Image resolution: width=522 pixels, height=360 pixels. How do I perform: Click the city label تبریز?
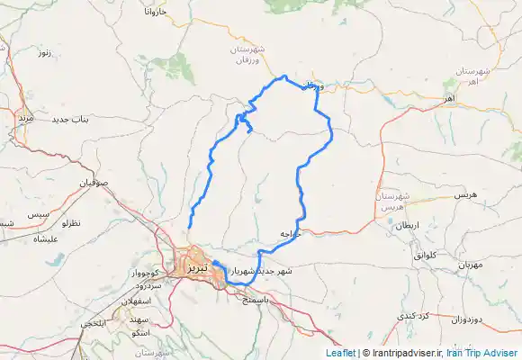tap(196, 267)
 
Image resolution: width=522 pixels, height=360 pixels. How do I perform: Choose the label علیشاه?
tap(46, 239)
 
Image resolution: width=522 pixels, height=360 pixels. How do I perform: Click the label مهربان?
tap(471, 265)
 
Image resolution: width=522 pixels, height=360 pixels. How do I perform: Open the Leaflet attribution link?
tap(339, 354)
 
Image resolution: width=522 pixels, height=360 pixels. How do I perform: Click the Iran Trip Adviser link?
tap(482, 354)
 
